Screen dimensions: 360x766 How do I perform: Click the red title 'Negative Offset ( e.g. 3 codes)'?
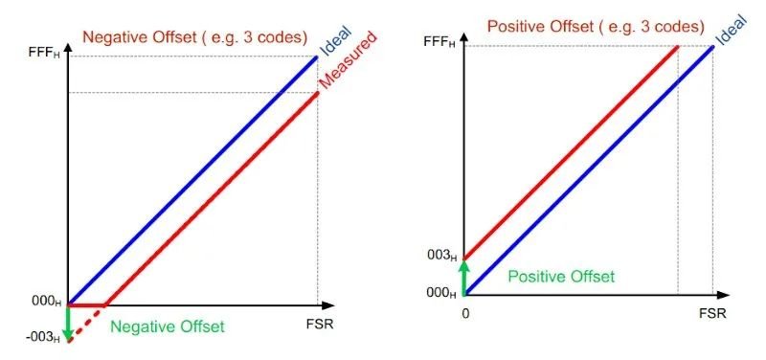pyautogui.click(x=194, y=37)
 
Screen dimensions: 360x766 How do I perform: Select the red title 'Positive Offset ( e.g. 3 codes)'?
pyautogui.click(x=596, y=26)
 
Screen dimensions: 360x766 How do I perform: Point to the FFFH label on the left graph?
pyautogui.click(x=46, y=56)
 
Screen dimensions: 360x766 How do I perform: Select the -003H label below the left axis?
pyautogui.click(x=44, y=335)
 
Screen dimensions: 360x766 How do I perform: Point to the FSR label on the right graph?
pyautogui.click(x=712, y=313)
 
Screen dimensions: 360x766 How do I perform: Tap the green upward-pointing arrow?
pyautogui.click(x=464, y=276)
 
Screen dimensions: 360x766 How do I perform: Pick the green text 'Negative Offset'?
pyautogui.click(x=167, y=326)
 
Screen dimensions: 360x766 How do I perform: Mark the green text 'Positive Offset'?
pyautogui.click(x=560, y=277)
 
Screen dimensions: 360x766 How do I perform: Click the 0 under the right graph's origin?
pyautogui.click(x=464, y=314)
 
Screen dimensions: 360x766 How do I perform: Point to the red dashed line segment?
pyautogui.click(x=87, y=323)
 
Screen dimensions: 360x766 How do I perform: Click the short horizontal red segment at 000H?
pyautogui.click(x=86, y=305)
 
